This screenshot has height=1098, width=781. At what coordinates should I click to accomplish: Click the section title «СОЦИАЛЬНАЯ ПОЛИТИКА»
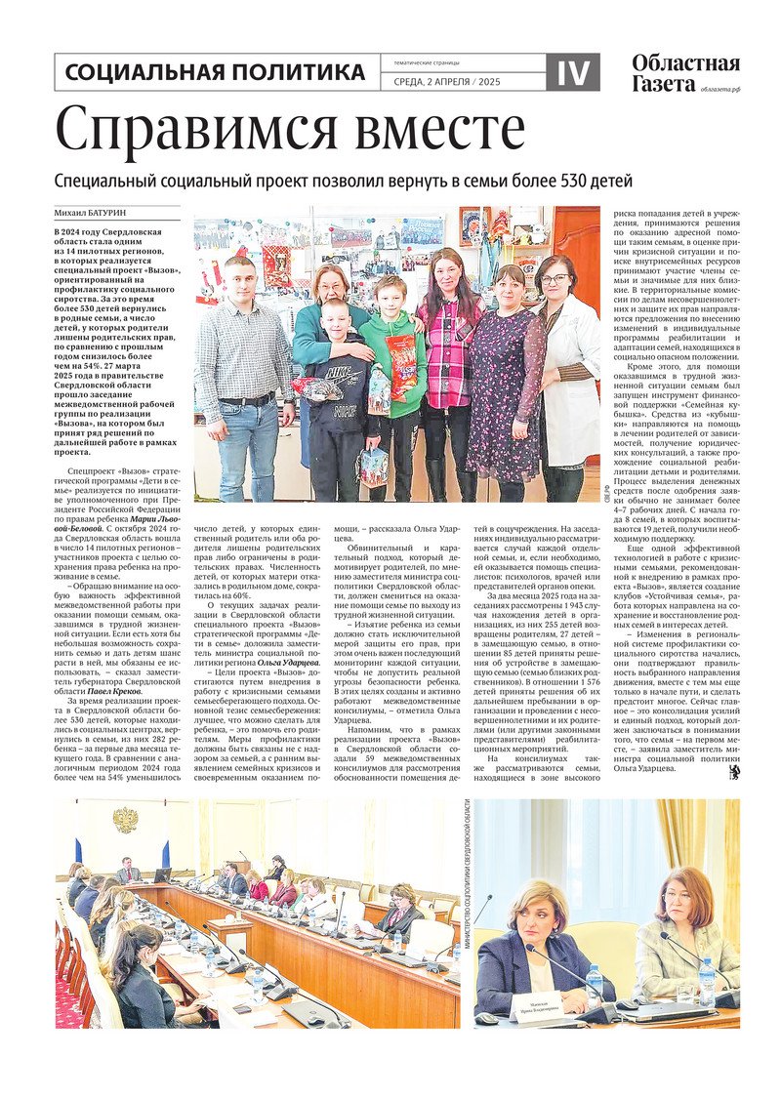coord(216,72)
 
